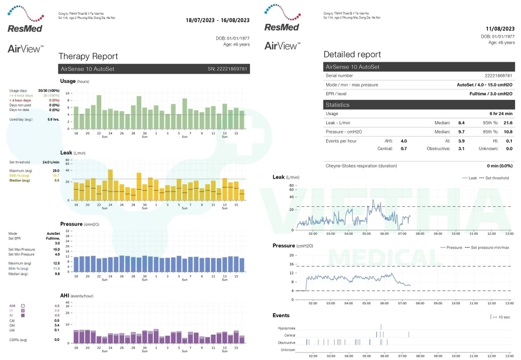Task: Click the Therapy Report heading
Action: (x=88, y=57)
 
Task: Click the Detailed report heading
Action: (x=352, y=54)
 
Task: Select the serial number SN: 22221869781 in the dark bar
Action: (x=227, y=69)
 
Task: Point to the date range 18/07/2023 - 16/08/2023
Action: (x=217, y=20)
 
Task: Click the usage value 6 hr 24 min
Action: (x=501, y=114)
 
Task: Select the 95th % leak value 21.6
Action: (x=508, y=123)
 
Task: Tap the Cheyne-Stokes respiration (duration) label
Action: (x=361, y=165)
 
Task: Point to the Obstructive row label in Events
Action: (x=286, y=343)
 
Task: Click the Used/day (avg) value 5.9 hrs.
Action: (x=53, y=119)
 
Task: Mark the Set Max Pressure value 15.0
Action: (x=56, y=250)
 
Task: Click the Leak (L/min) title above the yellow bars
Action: (x=73, y=152)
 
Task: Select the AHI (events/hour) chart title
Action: (x=76, y=295)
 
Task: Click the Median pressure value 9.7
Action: (x=461, y=131)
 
